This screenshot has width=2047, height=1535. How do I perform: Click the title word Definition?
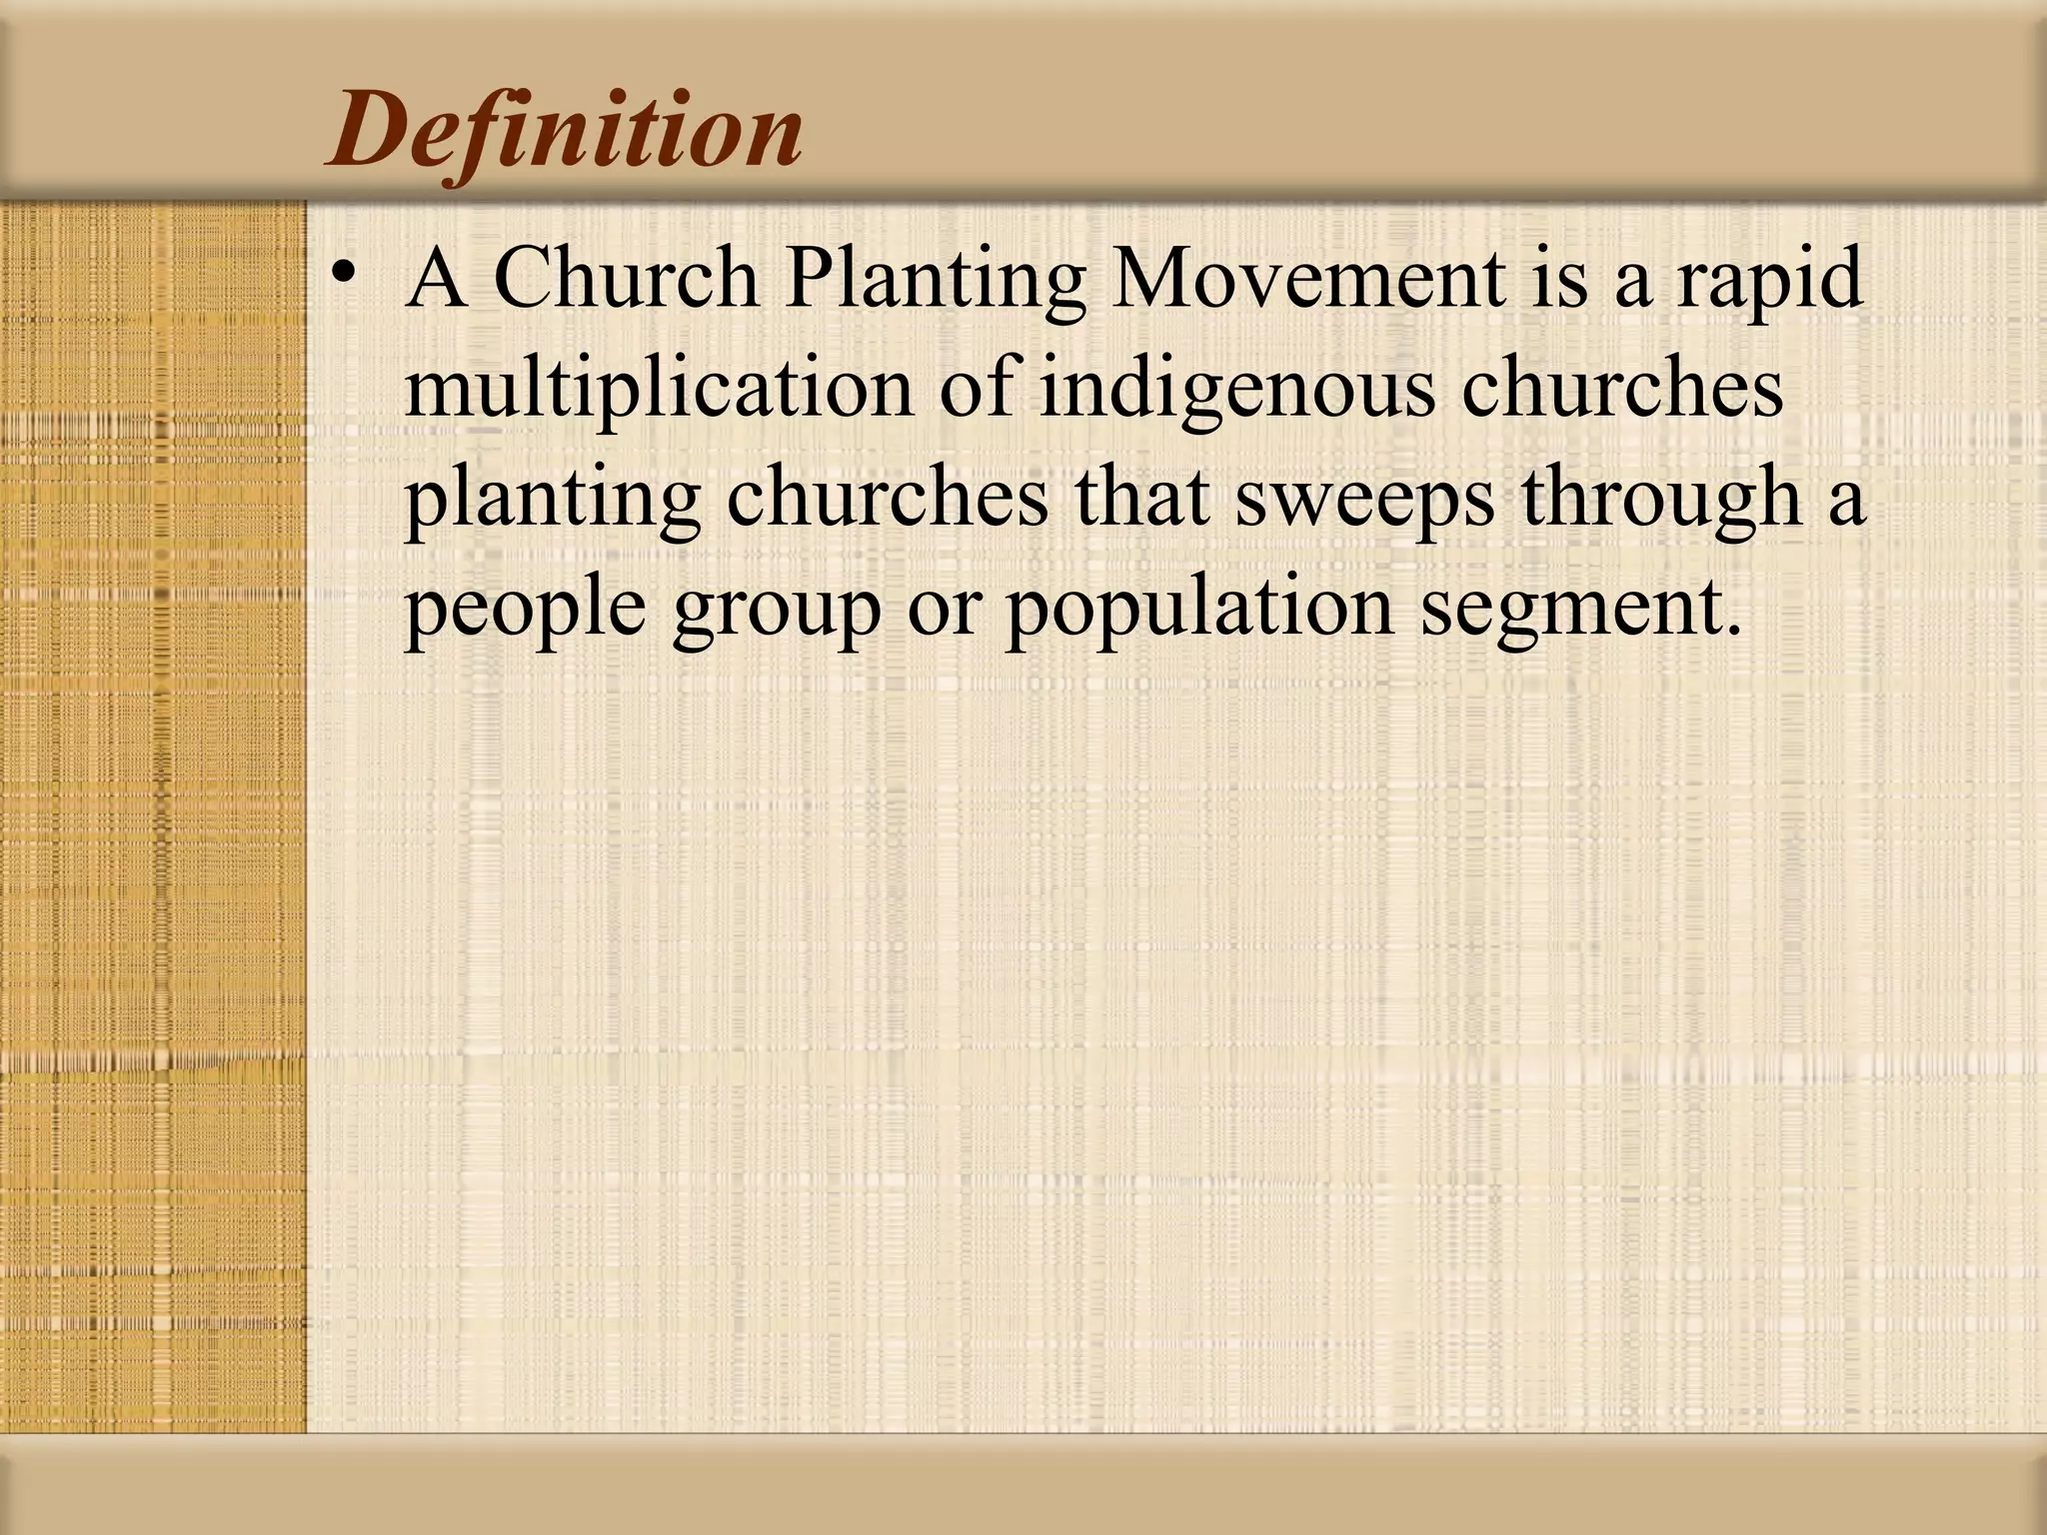pos(564,131)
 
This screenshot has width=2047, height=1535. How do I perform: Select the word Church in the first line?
pos(626,278)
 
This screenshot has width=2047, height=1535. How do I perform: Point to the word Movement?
pos(1308,278)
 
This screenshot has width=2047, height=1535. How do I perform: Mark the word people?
pos(526,611)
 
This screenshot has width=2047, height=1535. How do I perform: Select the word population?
pos(1199,611)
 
